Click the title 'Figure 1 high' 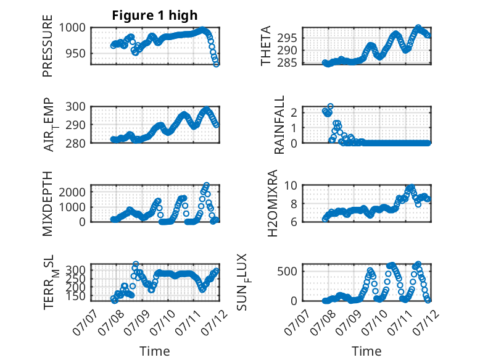(155, 15)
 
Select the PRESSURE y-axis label (48, 46)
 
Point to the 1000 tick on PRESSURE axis (72, 28)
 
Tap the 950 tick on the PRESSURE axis (75, 54)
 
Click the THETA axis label (266, 46)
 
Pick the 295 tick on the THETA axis (287, 38)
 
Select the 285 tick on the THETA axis (287, 63)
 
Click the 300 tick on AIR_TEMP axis (75, 107)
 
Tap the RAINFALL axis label (279, 125)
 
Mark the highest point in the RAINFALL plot (330, 106)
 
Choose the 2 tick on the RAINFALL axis (294, 112)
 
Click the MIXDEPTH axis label (48, 204)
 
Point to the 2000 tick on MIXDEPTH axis (72, 193)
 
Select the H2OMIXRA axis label (272, 203)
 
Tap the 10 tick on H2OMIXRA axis (291, 185)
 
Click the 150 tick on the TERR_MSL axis (75, 296)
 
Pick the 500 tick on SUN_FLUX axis (287, 272)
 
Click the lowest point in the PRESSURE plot (216, 64)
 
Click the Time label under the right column (366, 351)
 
